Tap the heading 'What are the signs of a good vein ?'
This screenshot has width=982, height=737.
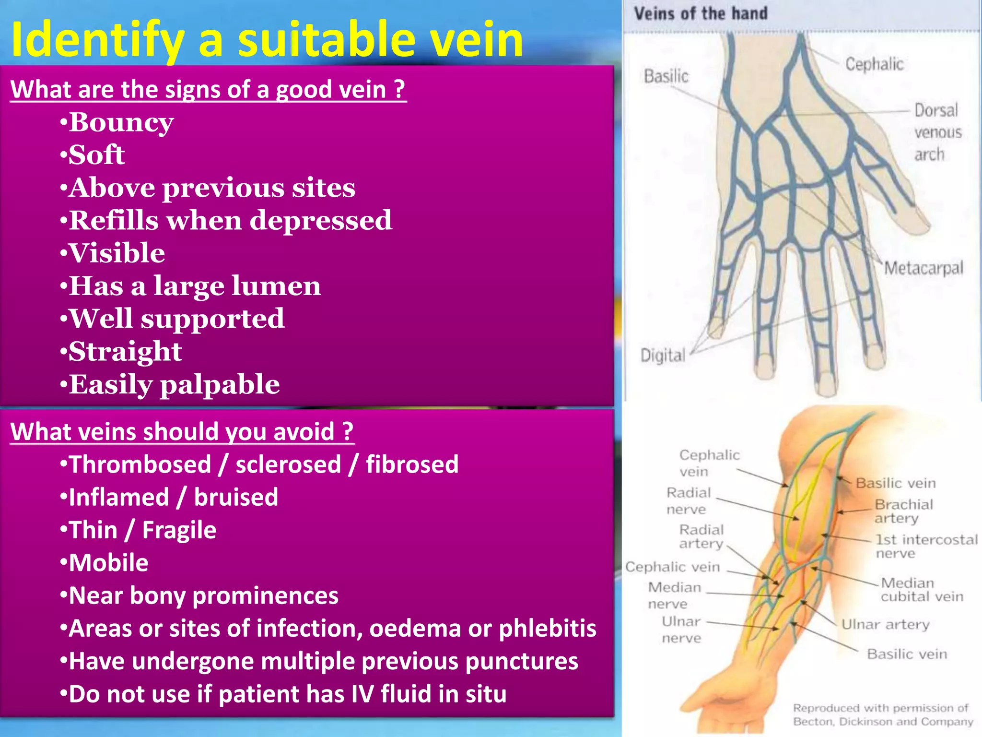[208, 90]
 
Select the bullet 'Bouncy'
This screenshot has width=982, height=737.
[117, 123]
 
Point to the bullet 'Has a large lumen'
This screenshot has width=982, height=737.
[191, 286]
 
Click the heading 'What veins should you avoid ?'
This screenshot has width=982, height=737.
[182, 431]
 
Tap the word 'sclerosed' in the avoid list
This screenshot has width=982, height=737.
[288, 464]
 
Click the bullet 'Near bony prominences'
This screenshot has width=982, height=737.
[199, 596]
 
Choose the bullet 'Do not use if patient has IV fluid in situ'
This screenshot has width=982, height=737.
[283, 694]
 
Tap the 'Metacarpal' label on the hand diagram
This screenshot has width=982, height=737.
[923, 268]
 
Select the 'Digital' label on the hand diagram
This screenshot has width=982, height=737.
[663, 356]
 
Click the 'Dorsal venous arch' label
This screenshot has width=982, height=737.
[937, 132]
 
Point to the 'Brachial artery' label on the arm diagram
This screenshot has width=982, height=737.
[903, 511]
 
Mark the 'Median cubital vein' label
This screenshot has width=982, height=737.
[921, 590]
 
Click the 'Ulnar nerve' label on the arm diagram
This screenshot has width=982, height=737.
[681, 630]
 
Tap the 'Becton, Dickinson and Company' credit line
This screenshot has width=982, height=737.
[883, 722]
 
